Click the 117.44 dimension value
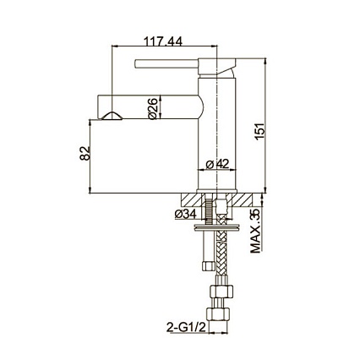(163, 41)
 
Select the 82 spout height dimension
(85, 154)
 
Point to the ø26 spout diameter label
(152, 109)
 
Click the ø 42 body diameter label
(217, 164)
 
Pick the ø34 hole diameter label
(185, 215)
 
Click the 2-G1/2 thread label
(187, 328)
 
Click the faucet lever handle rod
(166, 63)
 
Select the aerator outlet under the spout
(112, 116)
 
